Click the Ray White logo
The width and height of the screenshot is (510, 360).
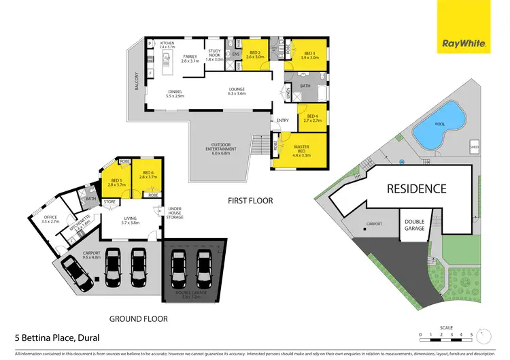(464, 43)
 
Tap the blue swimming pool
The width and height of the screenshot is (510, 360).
(439, 131)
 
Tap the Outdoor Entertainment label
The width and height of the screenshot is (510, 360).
(221, 150)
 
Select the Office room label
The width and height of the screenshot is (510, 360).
(50, 219)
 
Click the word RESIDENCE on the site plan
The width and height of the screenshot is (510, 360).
(417, 189)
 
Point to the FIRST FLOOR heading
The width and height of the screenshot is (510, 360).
(251, 201)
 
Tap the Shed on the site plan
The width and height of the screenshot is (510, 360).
(474, 146)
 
